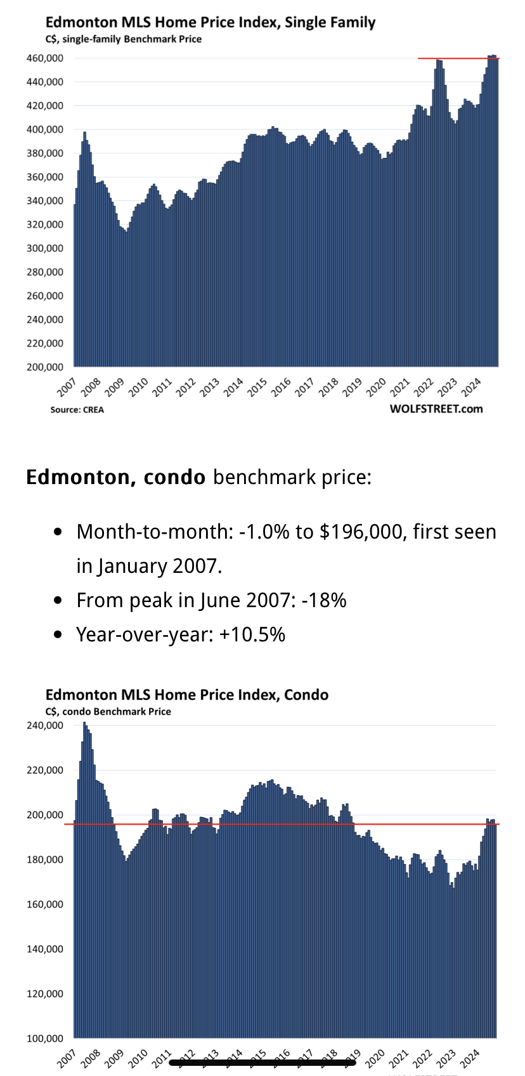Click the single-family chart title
click(x=211, y=23)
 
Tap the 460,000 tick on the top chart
click(x=44, y=58)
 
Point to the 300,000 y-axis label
click(x=44, y=249)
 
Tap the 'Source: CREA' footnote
click(x=77, y=410)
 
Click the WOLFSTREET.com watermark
click(x=436, y=409)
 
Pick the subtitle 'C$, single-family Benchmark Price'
click(x=124, y=39)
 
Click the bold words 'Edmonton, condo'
click(x=115, y=477)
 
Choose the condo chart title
click(x=187, y=695)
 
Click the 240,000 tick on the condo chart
click(x=44, y=725)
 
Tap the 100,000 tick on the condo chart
click(x=44, y=1039)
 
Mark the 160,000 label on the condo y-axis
click(x=44, y=905)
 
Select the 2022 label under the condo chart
click(x=422, y=1058)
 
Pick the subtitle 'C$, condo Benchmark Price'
click(x=108, y=712)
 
